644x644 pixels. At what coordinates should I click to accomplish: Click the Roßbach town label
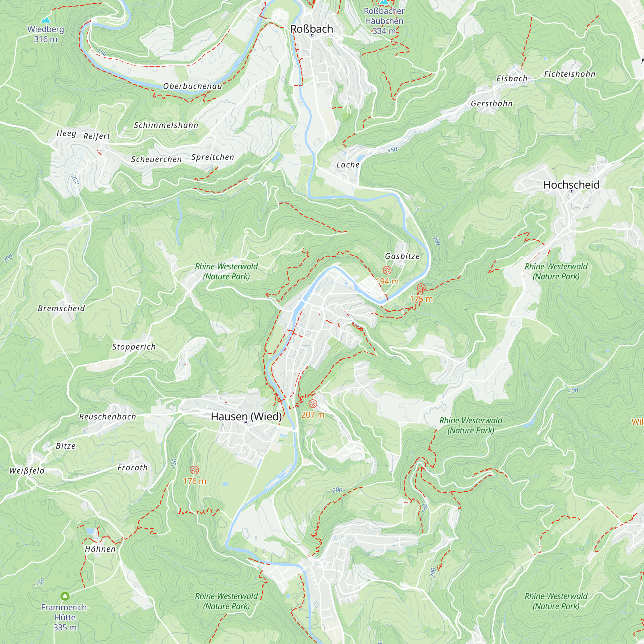point(312,29)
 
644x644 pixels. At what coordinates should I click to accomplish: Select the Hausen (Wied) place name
point(246,416)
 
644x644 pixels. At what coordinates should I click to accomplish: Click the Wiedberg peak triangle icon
point(46,20)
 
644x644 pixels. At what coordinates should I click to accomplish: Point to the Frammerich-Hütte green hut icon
point(65,596)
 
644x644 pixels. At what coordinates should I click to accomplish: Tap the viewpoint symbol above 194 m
point(387,270)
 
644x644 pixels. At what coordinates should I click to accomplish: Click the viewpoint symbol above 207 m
point(313,404)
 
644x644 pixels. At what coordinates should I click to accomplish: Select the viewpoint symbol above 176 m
point(195,470)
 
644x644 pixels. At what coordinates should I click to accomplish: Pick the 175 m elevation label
point(421,299)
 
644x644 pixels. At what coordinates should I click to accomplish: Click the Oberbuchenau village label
point(192,86)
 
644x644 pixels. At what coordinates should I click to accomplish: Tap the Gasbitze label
point(402,256)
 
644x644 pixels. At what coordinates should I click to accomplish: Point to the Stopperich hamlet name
point(134,347)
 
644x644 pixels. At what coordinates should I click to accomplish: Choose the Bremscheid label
point(61,308)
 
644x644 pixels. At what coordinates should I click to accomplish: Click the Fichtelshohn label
point(570,74)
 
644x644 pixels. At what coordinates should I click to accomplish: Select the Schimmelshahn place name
point(166,125)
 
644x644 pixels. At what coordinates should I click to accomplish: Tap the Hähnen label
point(100,549)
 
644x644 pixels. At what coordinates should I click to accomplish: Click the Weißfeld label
point(27,471)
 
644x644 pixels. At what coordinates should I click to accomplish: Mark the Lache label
point(348,165)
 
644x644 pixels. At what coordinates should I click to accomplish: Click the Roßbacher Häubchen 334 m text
point(384,21)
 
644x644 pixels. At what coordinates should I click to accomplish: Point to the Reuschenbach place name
point(107,417)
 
